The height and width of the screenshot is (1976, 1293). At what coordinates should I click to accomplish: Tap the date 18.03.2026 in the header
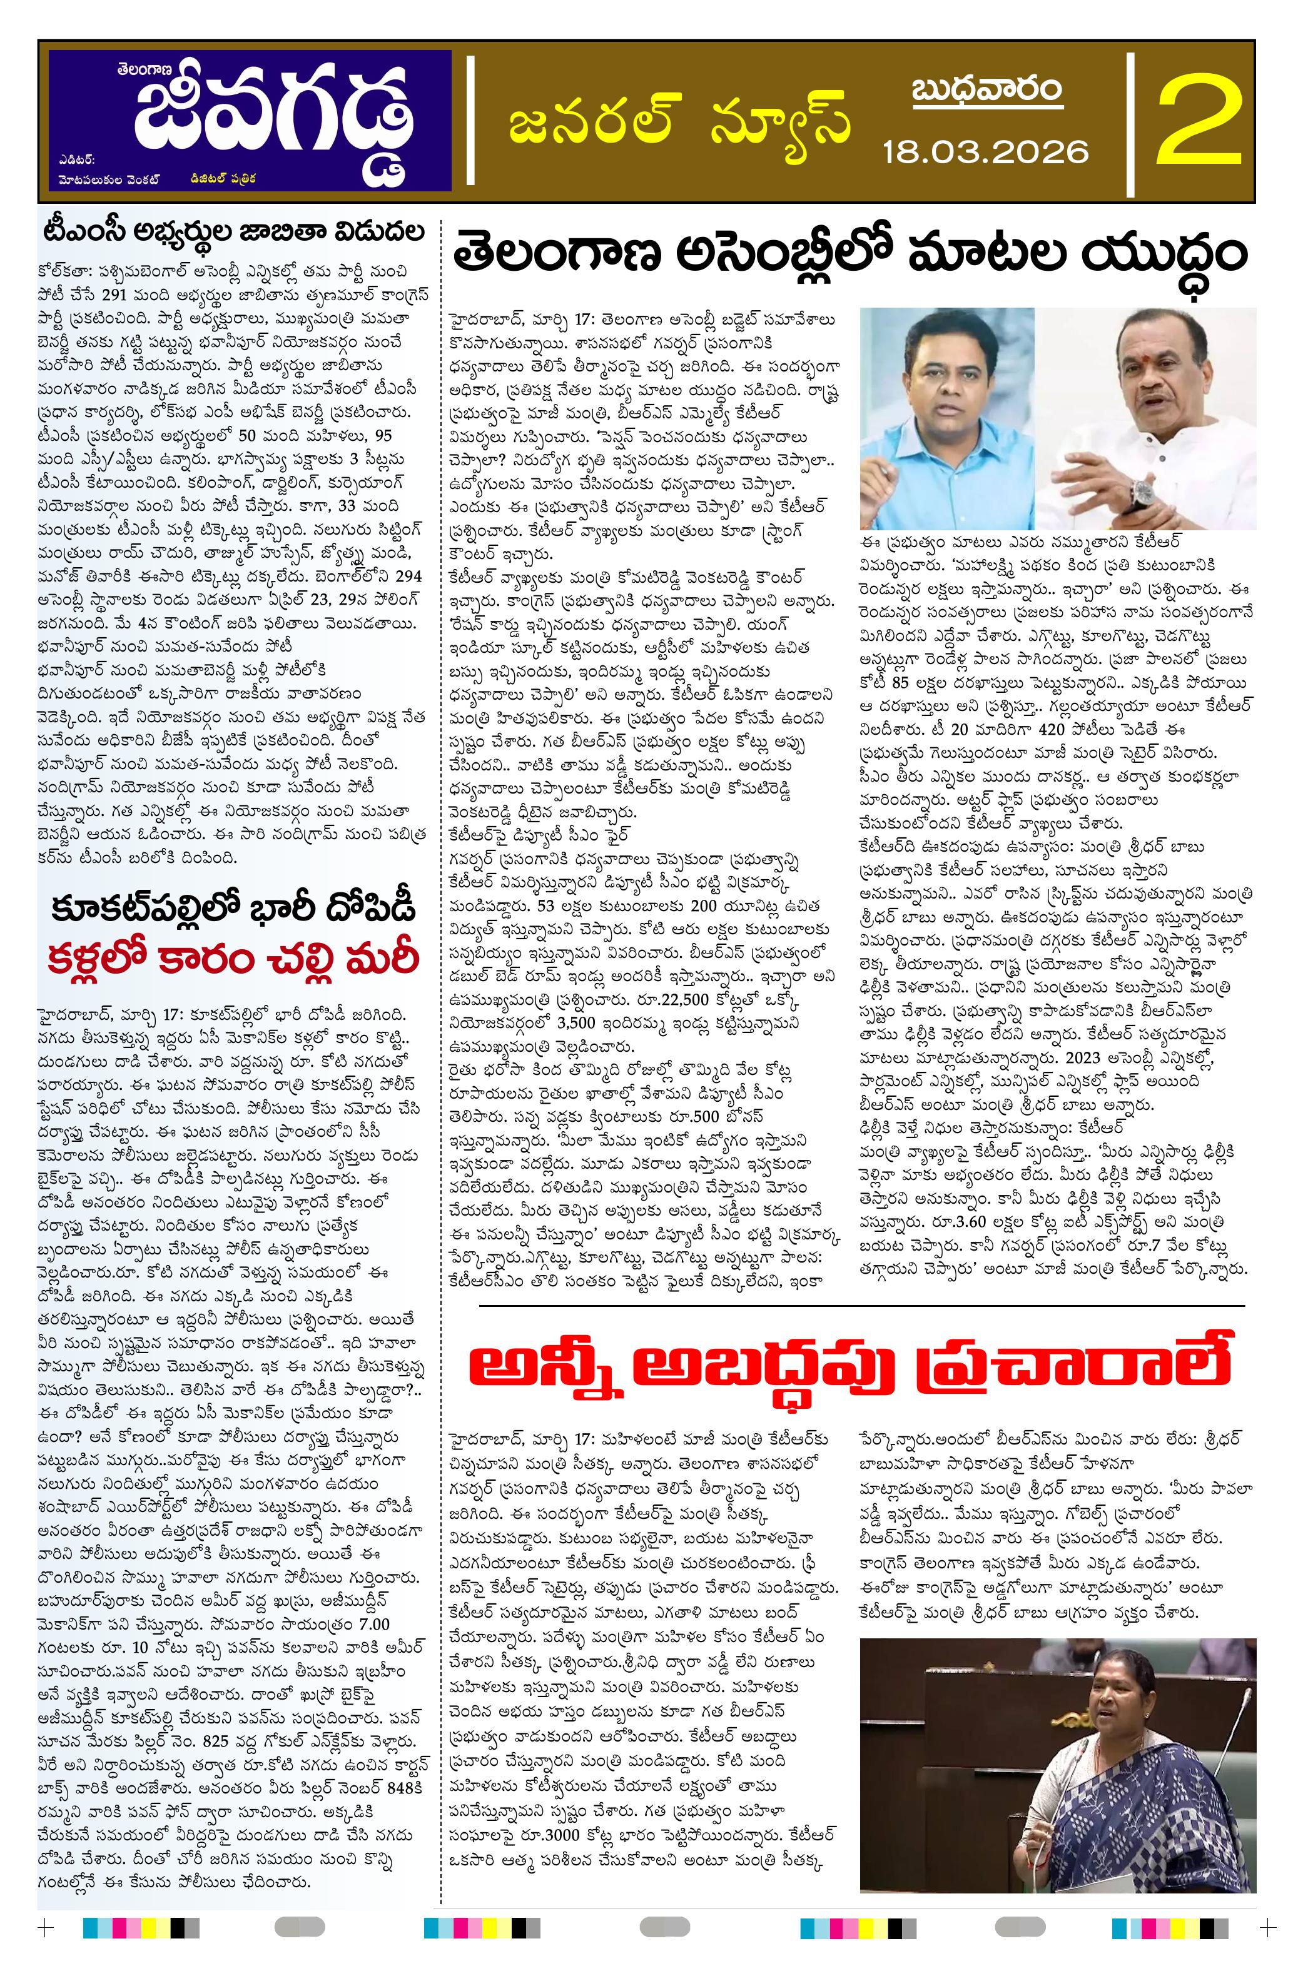pyautogui.click(x=985, y=150)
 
